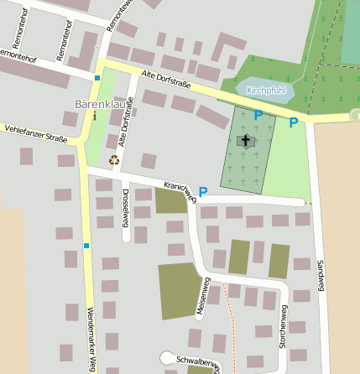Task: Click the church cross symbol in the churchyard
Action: [247, 141]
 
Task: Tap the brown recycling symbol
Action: [114, 159]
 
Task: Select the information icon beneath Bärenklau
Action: [95, 117]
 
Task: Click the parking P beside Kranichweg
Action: [202, 193]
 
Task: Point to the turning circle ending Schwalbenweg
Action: [167, 357]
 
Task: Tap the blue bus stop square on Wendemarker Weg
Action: [86, 246]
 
